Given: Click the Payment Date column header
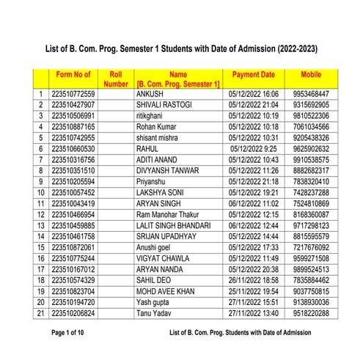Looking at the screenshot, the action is pos(253,75).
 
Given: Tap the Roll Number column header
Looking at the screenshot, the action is pos(115,79).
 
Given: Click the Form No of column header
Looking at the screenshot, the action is pos(73,75).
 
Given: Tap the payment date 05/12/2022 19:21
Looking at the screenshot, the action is pos(253,192).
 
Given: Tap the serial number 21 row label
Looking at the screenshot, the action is pos(41,312).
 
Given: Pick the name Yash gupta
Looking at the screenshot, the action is pos(155,301).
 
